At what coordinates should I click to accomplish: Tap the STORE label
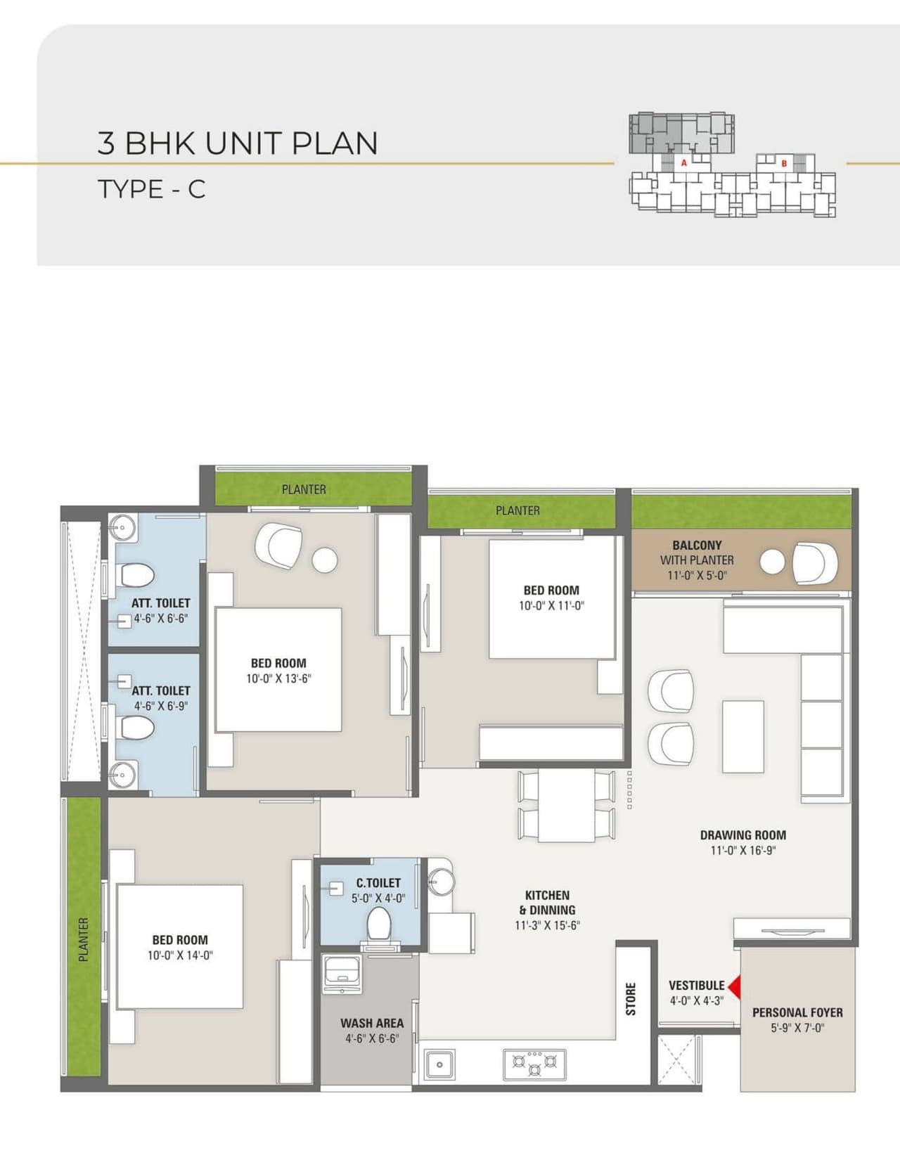pyautogui.click(x=631, y=998)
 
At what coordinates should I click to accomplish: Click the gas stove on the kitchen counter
pyautogui.click(x=534, y=1064)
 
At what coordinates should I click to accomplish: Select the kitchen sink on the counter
pyautogui.click(x=439, y=1064)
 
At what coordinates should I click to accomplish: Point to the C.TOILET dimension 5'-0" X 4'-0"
pyautogui.click(x=378, y=898)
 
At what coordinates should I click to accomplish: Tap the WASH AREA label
pyautogui.click(x=372, y=1024)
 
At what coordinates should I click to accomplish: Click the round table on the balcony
pyautogui.click(x=772, y=562)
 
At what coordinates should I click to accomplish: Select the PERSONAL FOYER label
pyautogui.click(x=797, y=1012)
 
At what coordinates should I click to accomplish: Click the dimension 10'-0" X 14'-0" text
pyautogui.click(x=180, y=955)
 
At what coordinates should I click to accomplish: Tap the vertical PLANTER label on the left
pyautogui.click(x=84, y=939)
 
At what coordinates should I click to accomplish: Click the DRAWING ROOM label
pyautogui.click(x=742, y=835)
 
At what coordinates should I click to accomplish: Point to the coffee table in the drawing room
pyautogui.click(x=742, y=735)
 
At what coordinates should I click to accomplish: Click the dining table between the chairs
pyautogui.click(x=566, y=806)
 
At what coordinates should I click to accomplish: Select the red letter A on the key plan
pyautogui.click(x=683, y=162)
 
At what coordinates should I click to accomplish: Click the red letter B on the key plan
pyautogui.click(x=784, y=163)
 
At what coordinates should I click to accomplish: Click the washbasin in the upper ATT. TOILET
pyautogui.click(x=122, y=527)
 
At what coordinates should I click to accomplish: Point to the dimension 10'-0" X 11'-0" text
pyautogui.click(x=551, y=606)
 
